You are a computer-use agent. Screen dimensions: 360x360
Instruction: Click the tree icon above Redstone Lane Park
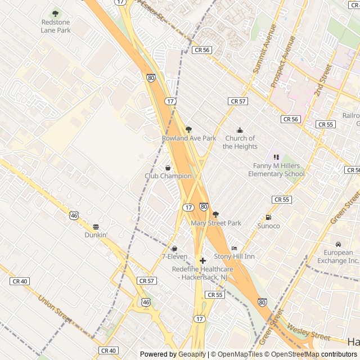pos(55,13)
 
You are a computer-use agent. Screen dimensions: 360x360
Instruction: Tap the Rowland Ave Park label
pos(188,138)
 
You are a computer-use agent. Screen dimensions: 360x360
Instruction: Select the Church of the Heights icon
pos(240,130)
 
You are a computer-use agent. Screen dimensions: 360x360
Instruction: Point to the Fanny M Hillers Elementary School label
pos(278,170)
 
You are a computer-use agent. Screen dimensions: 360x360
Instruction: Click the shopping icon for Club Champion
pos(168,168)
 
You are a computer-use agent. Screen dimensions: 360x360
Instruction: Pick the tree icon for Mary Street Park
pos(215,214)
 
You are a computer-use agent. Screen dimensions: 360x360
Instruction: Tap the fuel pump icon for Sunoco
pos(268,218)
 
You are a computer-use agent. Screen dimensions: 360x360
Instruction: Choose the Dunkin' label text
pos(96,235)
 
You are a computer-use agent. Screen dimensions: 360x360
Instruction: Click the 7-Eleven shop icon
pos(174,248)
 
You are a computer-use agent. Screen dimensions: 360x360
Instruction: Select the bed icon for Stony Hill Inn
pos(234,248)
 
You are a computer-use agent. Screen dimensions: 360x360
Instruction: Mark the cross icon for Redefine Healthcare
pos(202,261)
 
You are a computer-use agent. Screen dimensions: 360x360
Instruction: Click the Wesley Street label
pos(308,332)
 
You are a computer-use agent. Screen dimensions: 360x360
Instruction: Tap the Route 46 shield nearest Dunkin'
pos(74,215)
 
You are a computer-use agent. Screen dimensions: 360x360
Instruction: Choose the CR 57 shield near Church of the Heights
pos(238,101)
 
